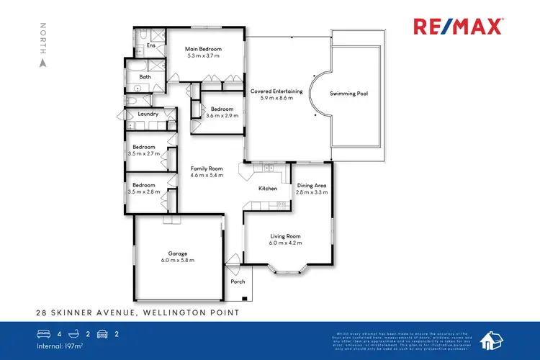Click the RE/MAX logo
(x=458, y=27)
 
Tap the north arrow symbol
(x=42, y=62)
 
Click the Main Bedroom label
(x=203, y=49)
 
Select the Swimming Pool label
(x=348, y=94)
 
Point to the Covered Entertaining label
(x=276, y=91)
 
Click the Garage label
(x=178, y=253)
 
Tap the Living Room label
(x=286, y=236)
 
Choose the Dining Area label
(x=312, y=186)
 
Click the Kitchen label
(x=268, y=189)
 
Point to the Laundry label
(x=148, y=114)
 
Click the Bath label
(x=145, y=77)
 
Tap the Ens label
(x=151, y=45)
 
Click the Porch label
(x=237, y=282)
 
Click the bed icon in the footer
(x=43, y=334)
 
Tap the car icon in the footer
(x=103, y=334)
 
